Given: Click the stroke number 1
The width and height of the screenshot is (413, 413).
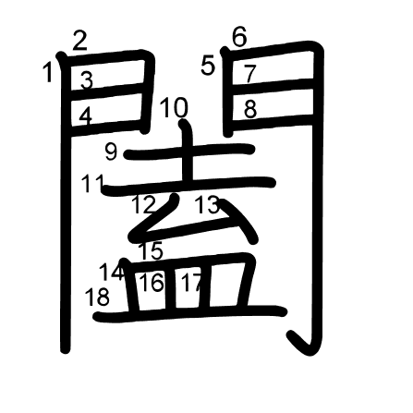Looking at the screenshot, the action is click(x=48, y=72).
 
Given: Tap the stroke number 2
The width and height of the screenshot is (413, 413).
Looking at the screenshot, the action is click(x=80, y=41).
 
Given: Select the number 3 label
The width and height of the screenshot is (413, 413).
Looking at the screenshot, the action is click(x=87, y=80).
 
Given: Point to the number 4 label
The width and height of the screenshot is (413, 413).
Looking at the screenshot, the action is click(x=86, y=117).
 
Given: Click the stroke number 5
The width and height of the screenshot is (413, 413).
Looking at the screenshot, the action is click(x=208, y=66).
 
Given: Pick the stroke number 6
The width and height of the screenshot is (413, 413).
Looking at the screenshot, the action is click(x=239, y=37).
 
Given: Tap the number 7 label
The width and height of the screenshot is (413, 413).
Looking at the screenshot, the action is click(x=250, y=74).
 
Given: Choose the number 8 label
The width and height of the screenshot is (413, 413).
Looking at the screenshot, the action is click(x=250, y=109).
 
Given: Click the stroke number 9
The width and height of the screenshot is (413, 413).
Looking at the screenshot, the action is click(x=111, y=152).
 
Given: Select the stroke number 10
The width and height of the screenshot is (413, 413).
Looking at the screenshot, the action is click(x=174, y=107).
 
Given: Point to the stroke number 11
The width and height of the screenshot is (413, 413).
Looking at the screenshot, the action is click(x=93, y=183).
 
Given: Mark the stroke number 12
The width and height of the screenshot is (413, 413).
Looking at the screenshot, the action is click(x=144, y=204).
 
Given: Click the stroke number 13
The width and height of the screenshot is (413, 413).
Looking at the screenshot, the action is click(x=208, y=204).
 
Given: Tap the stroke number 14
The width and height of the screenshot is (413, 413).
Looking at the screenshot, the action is click(x=112, y=273).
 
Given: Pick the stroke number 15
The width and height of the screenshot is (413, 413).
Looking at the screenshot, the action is click(x=152, y=250).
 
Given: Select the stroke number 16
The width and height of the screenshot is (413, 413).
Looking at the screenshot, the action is click(x=152, y=283).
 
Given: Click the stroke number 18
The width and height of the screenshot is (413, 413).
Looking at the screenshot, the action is click(x=97, y=297).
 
